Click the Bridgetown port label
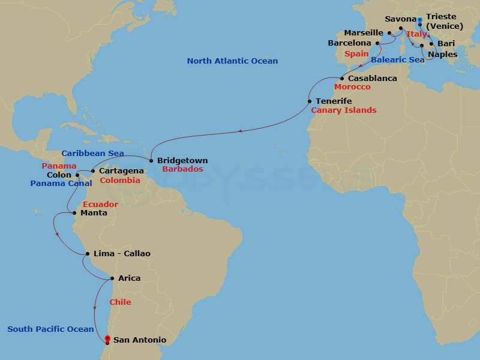(x=182, y=161)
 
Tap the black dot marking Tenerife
(x=310, y=101)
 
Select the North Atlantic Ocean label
(x=232, y=61)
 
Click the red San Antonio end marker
(x=107, y=338)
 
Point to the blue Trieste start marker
(x=420, y=20)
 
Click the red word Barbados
(x=182, y=170)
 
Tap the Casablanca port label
(x=373, y=79)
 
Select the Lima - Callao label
(x=122, y=254)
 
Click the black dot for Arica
(x=112, y=278)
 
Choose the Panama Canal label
(x=61, y=183)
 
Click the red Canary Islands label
(x=343, y=110)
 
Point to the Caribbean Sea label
(x=92, y=154)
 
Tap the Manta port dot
(x=74, y=212)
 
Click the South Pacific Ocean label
(x=50, y=329)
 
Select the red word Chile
(x=120, y=302)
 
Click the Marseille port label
(x=364, y=33)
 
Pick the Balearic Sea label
(x=398, y=60)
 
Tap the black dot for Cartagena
(x=93, y=171)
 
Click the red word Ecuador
(x=100, y=205)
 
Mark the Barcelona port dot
(x=377, y=43)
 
